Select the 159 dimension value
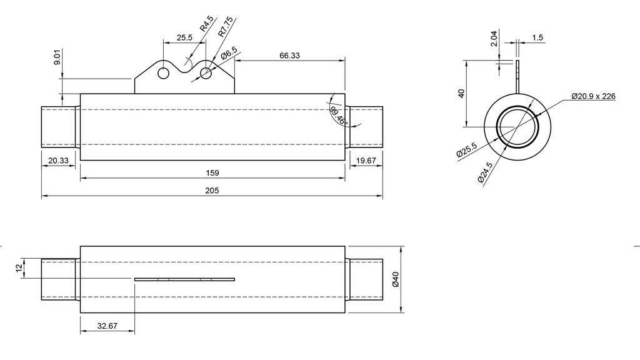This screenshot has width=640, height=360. (212, 172)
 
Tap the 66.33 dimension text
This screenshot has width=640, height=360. (289, 55)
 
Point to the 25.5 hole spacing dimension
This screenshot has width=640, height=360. (184, 37)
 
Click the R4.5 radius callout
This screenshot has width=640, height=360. (206, 24)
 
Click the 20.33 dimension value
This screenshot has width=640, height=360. (59, 161)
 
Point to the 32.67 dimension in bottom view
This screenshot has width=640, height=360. (107, 326)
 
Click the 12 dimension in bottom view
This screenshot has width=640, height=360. (19, 267)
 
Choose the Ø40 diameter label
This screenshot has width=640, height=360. (394, 279)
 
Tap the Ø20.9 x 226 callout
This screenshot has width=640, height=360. (593, 96)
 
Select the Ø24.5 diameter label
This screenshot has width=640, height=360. (484, 171)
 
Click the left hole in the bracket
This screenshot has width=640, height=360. (164, 73)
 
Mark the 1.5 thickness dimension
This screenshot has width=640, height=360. (537, 37)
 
